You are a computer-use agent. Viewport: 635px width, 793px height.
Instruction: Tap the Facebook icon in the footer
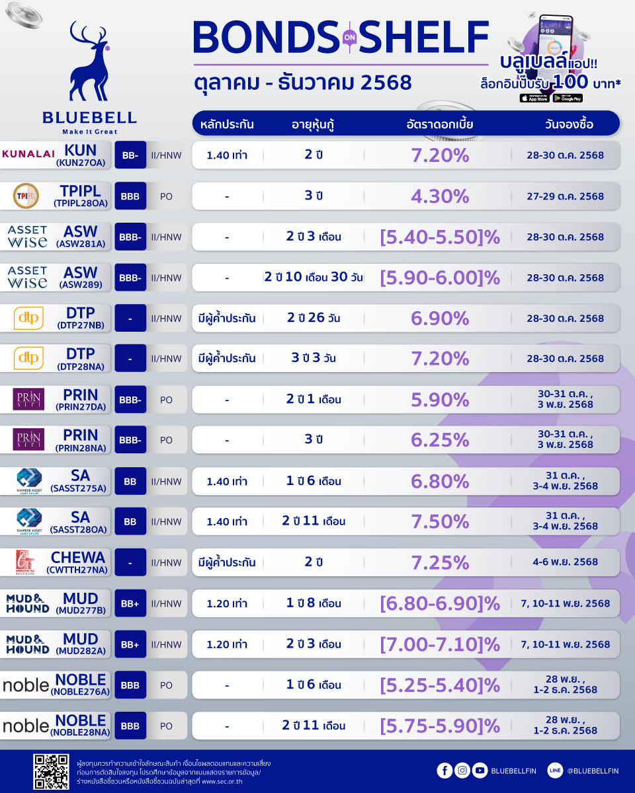point(444,770)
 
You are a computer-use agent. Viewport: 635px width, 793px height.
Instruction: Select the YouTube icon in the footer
point(480,770)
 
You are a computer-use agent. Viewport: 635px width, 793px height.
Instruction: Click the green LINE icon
point(555,770)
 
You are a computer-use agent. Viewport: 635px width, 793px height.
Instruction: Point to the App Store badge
point(534,98)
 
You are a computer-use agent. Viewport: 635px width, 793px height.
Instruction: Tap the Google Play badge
point(568,98)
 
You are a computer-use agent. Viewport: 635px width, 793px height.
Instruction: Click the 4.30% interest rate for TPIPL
point(440,196)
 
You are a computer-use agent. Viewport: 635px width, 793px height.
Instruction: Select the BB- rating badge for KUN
point(130,155)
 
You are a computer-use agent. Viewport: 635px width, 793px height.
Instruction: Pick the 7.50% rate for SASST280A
point(440,521)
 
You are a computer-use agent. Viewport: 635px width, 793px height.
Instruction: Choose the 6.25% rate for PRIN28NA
point(440,440)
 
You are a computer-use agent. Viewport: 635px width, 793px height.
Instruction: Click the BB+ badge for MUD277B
point(130,603)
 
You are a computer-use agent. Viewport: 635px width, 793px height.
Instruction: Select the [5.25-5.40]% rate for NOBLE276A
point(440,685)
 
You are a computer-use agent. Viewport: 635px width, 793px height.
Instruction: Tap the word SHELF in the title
point(423,38)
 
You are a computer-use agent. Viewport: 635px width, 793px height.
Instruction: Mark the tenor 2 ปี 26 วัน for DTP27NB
point(314,319)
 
